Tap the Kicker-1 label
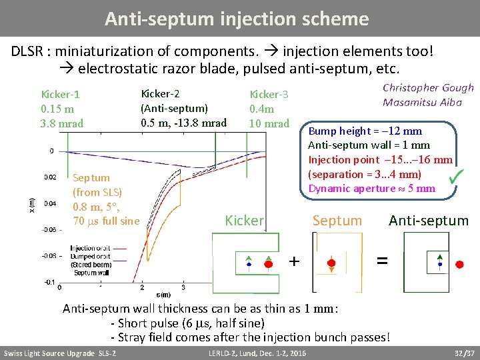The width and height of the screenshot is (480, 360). tap(61, 95)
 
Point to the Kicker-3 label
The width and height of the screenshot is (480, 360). tap(269, 95)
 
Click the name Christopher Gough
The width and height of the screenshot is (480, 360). tap(428, 88)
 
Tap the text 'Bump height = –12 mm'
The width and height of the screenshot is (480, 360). tap(365, 131)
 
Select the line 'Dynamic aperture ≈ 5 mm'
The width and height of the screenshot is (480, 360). tap(371, 188)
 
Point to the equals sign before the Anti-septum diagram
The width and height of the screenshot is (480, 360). tap(381, 262)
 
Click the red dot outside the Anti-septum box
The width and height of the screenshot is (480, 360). tap(459, 264)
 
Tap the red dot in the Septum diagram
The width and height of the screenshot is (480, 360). tap(331, 263)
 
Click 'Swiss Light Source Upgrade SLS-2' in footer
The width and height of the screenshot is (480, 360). tap(60, 353)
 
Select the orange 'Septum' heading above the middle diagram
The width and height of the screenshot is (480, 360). tap(337, 221)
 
